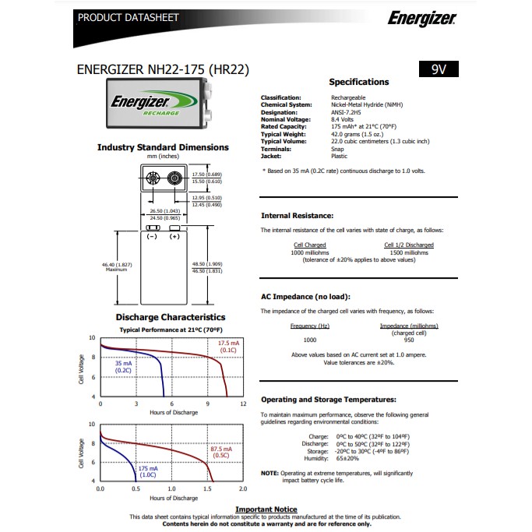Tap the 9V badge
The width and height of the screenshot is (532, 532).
pyautogui.click(x=438, y=69)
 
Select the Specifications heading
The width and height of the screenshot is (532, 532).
pyautogui.click(x=358, y=82)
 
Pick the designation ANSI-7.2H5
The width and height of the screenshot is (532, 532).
pyautogui.click(x=350, y=111)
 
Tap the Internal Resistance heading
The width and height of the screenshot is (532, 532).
pyautogui.click(x=297, y=215)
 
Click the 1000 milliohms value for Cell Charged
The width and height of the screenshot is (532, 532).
pyautogui.click(x=310, y=252)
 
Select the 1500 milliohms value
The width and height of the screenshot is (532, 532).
pyautogui.click(x=408, y=252)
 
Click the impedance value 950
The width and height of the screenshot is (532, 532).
pyautogui.click(x=409, y=340)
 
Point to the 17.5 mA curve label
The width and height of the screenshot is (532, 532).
pyautogui.click(x=229, y=344)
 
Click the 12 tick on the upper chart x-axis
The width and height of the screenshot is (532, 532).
pyautogui.click(x=243, y=403)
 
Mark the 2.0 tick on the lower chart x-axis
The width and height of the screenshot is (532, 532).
pyautogui.click(x=243, y=489)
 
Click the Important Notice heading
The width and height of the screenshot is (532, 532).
pyautogui.click(x=266, y=509)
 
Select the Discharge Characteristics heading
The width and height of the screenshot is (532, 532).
pyautogui.click(x=171, y=317)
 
